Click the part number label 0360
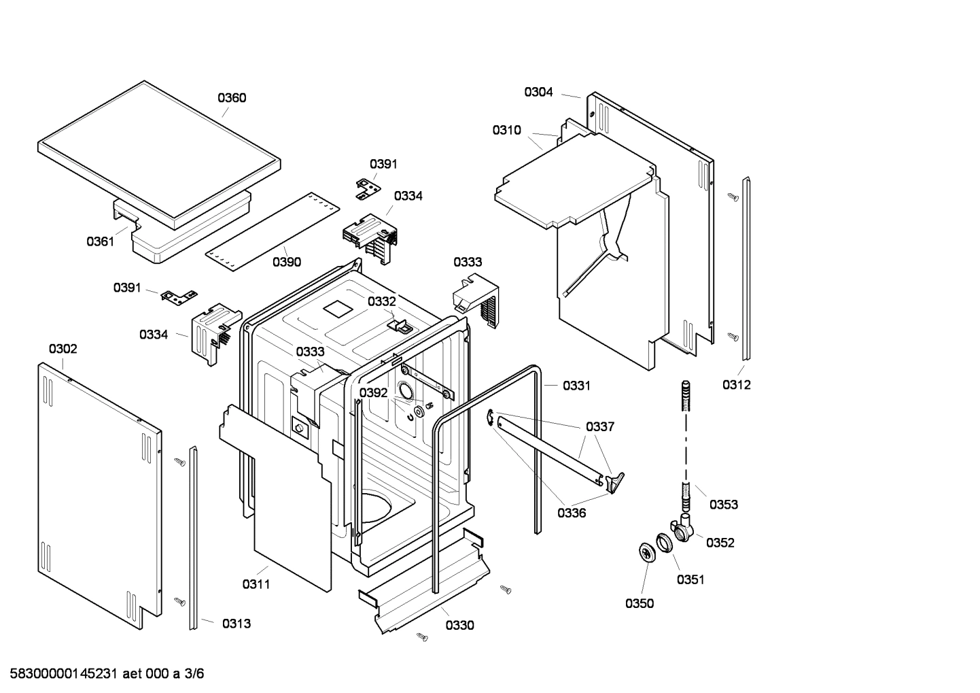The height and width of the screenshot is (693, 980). pyautogui.click(x=232, y=98)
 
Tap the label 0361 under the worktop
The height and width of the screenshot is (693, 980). pyautogui.click(x=100, y=241)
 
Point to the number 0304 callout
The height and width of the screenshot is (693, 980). pyautogui.click(x=538, y=92)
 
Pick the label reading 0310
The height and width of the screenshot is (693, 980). pyautogui.click(x=506, y=131)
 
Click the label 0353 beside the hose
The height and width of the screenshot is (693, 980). pyautogui.click(x=724, y=505)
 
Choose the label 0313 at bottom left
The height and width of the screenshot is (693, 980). pyautogui.click(x=236, y=624)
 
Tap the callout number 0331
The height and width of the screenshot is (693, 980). pyautogui.click(x=576, y=386)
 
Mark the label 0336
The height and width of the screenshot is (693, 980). pyautogui.click(x=572, y=513)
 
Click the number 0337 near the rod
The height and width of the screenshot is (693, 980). pyautogui.click(x=600, y=427)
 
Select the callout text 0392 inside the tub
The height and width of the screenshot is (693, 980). pyautogui.click(x=373, y=393)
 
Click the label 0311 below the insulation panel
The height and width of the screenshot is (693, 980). pyautogui.click(x=256, y=584)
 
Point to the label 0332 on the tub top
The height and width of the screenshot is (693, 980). pyautogui.click(x=381, y=301)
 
